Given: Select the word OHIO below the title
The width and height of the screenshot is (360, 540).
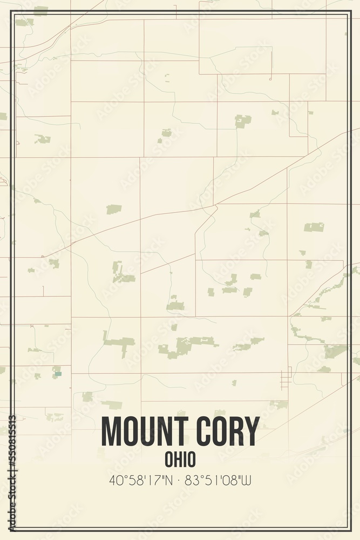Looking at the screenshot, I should [x=180, y=460].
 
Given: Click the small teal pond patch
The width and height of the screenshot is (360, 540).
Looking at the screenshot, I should [x=58, y=374].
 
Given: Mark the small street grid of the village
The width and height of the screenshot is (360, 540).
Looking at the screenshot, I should [x=286, y=378].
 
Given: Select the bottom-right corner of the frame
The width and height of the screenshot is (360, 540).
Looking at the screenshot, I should [x=351, y=530].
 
